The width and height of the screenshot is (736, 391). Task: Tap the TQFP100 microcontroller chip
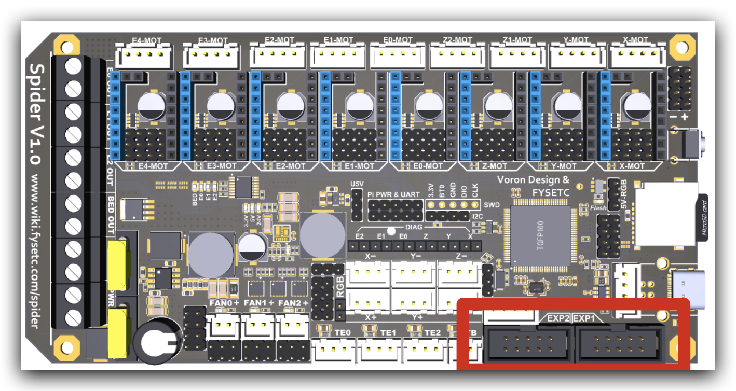540,233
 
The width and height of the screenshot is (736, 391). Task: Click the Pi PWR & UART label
394,194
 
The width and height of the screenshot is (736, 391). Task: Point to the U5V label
357,184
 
